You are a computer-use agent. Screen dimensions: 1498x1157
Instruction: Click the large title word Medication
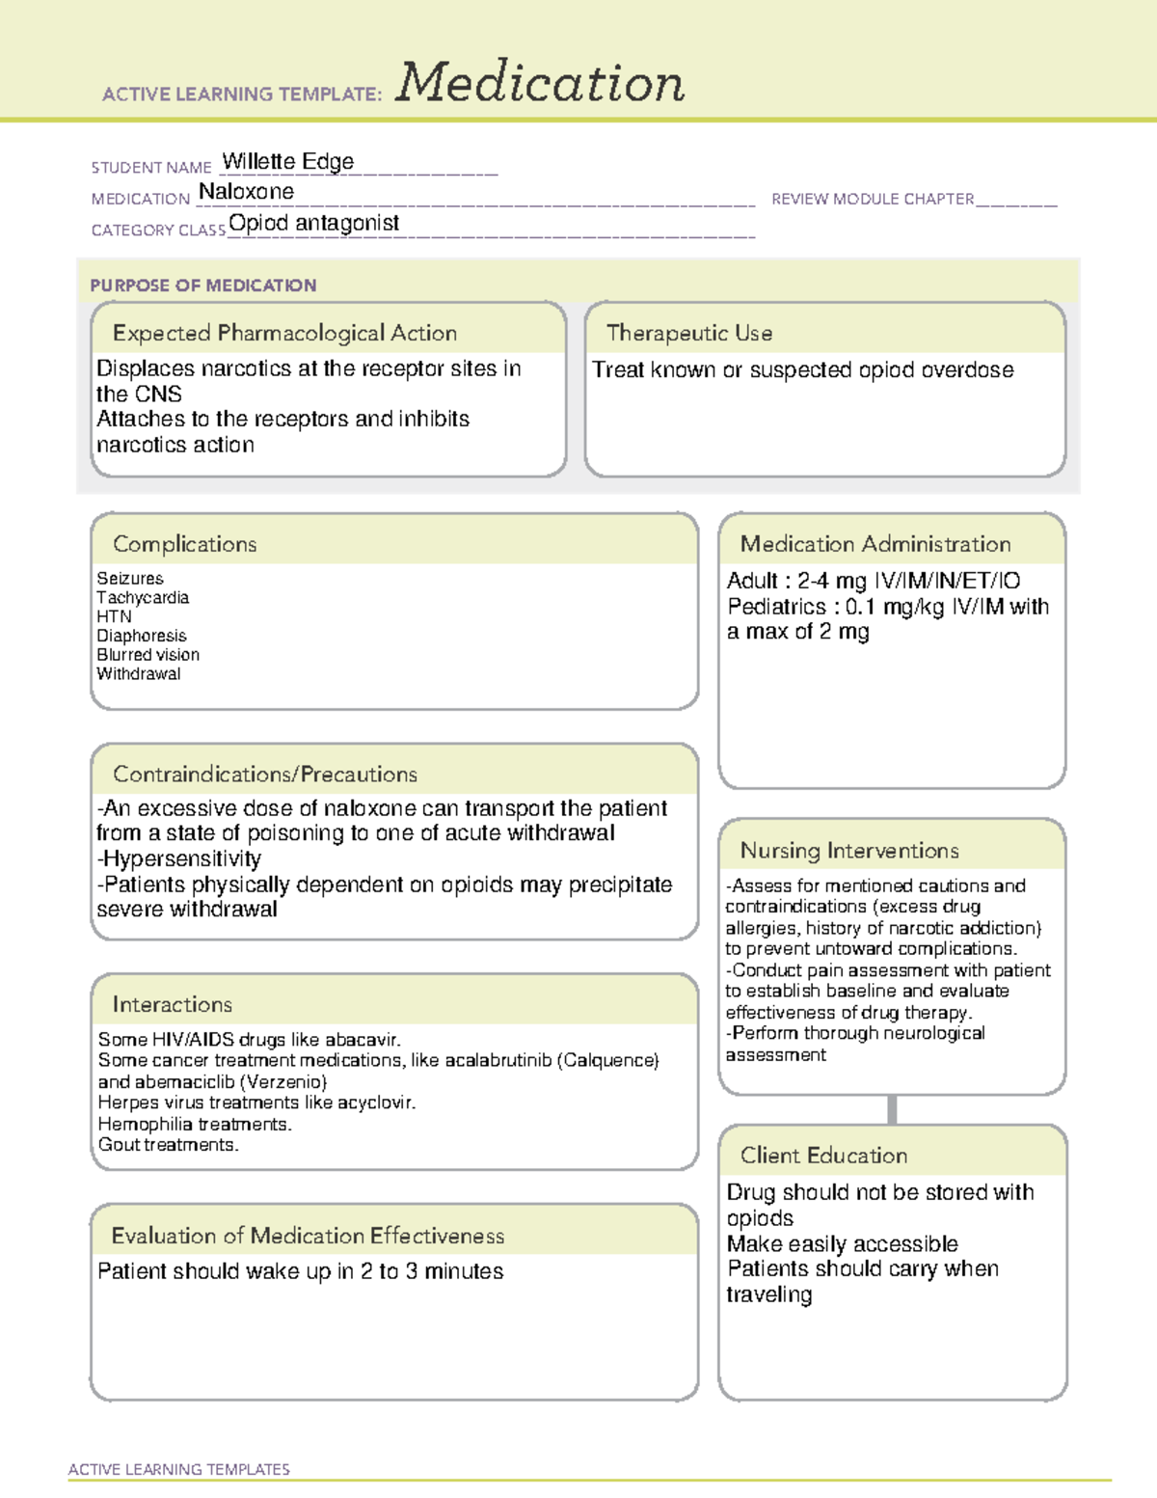(x=540, y=83)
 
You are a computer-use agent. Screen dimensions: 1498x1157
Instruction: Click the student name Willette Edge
(x=288, y=161)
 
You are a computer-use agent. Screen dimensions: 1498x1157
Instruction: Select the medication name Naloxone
(x=246, y=192)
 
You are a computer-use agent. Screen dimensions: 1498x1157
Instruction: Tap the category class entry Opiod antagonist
(x=313, y=223)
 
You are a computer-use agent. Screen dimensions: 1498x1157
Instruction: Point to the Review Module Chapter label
(x=873, y=199)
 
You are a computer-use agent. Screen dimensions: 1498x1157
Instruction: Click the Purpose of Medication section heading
(x=203, y=286)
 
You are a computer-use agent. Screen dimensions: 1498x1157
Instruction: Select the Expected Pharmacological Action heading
(x=284, y=333)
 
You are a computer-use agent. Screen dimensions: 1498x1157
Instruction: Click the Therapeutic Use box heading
(x=689, y=333)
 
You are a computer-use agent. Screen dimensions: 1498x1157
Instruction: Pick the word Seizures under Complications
(x=130, y=579)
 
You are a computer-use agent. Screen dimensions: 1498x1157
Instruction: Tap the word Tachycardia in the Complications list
(x=143, y=598)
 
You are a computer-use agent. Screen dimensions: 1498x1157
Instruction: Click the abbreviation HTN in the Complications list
(x=114, y=616)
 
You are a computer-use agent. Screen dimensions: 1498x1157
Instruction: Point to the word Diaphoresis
(x=142, y=636)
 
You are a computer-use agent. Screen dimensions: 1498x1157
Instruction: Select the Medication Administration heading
(x=875, y=544)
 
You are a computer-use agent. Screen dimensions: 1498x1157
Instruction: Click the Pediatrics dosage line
(x=887, y=607)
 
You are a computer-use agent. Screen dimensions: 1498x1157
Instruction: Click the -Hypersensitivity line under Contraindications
(x=179, y=858)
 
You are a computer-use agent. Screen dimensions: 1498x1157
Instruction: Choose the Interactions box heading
(x=173, y=1005)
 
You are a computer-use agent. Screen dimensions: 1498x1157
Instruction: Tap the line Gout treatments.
(x=169, y=1145)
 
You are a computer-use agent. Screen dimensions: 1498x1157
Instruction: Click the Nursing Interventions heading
(x=849, y=851)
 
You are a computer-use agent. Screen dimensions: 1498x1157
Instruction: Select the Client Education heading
(x=823, y=1156)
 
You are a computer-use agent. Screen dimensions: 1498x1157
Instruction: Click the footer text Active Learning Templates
(x=179, y=1469)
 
